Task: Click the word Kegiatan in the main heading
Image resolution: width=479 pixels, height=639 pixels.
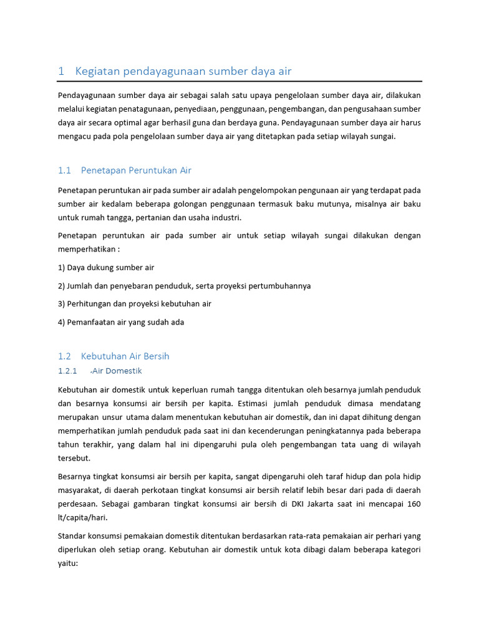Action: click(x=97, y=71)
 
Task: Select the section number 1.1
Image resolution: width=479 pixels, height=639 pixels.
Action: click(x=65, y=170)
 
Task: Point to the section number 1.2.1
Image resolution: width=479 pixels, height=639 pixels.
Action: click(x=67, y=371)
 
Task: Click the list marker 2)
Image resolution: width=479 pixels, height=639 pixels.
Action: click(x=62, y=286)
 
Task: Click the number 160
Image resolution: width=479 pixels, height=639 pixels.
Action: click(x=414, y=504)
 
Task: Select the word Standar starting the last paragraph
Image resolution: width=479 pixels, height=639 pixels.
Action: click(x=74, y=536)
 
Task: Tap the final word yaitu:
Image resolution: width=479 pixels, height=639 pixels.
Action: click(x=67, y=563)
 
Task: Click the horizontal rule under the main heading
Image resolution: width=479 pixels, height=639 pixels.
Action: click(x=239, y=81)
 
